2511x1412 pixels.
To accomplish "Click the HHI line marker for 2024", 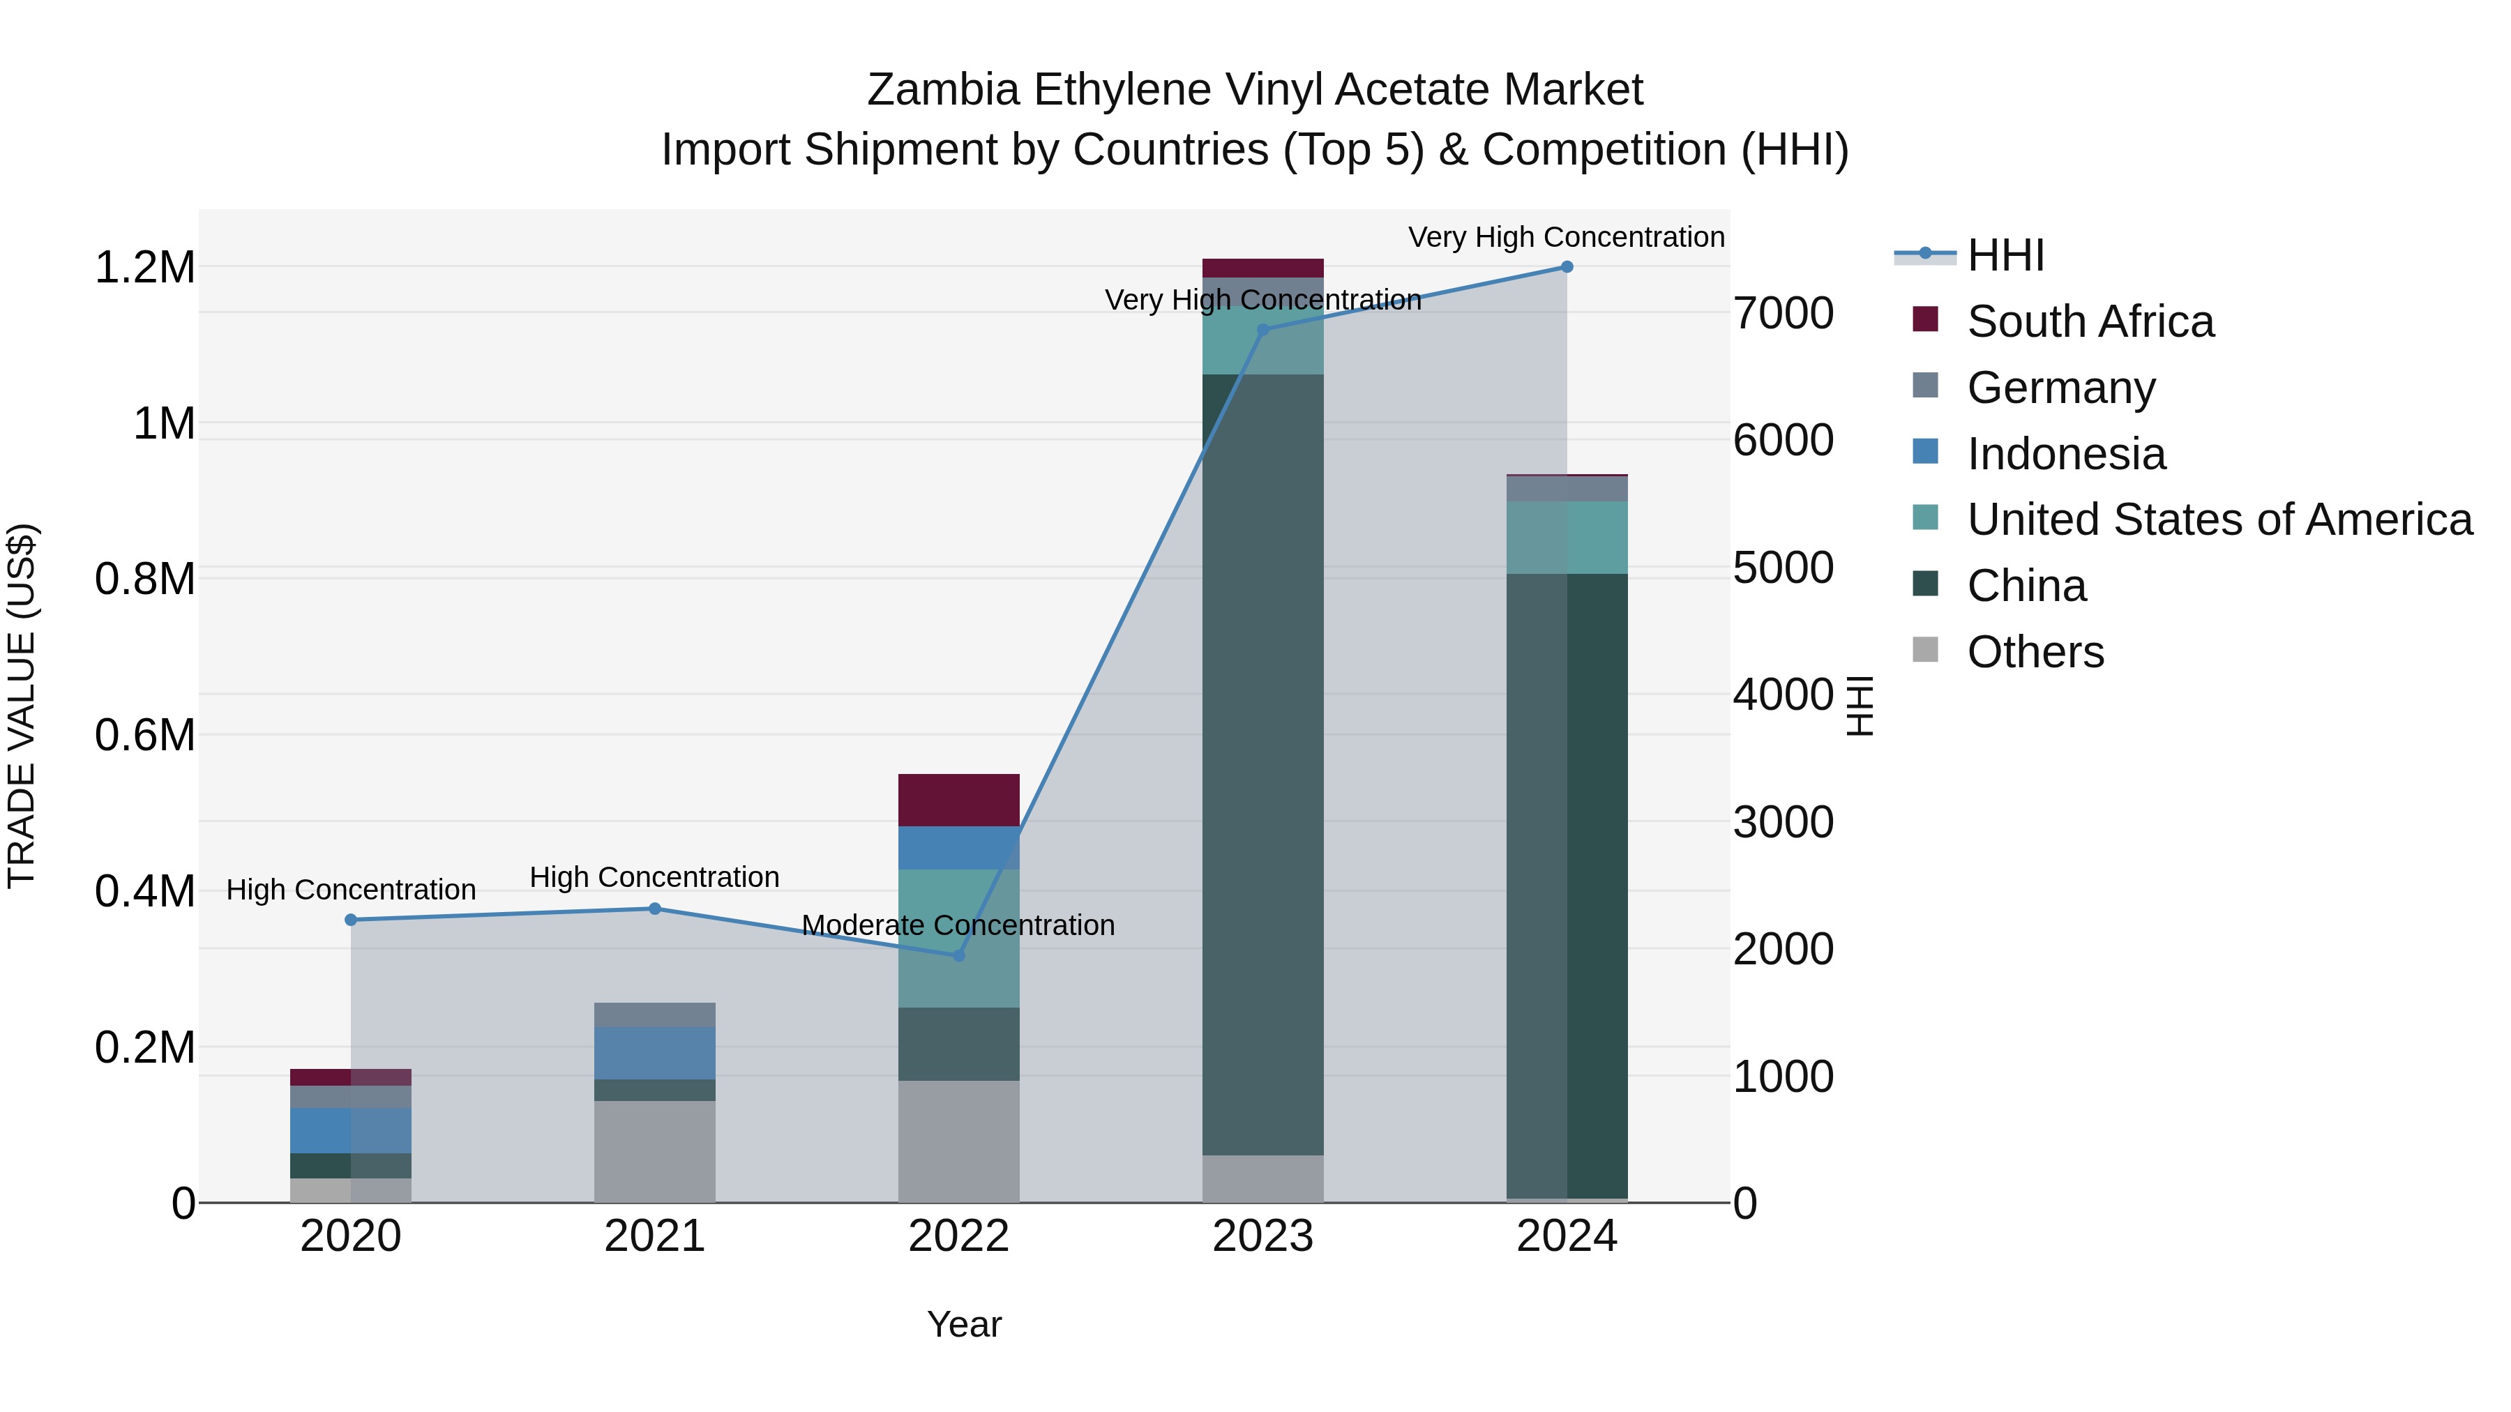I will pos(1567,267).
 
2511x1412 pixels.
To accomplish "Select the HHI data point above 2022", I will pos(958,956).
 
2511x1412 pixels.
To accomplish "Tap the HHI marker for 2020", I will pos(351,920).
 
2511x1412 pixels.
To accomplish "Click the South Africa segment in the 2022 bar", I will pos(958,800).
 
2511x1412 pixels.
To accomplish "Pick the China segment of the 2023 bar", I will pos(1262,765).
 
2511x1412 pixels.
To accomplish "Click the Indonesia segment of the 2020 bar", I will pos(351,1130).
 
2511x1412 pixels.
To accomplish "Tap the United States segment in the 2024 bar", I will pos(1567,538).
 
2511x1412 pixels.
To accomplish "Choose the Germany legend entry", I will pos(2060,388).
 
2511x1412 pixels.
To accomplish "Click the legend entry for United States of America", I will pos(2219,519).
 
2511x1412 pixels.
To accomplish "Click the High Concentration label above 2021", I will pos(654,877).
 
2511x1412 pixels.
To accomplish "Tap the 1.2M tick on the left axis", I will pos(145,268).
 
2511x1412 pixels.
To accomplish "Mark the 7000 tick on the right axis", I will pos(1783,314).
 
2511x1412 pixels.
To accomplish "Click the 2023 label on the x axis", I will pos(1262,1236).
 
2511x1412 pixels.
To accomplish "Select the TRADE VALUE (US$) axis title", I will pos(22,706).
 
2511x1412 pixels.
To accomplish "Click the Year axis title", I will pos(964,1324).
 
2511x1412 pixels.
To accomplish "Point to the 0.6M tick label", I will pos(145,735).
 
